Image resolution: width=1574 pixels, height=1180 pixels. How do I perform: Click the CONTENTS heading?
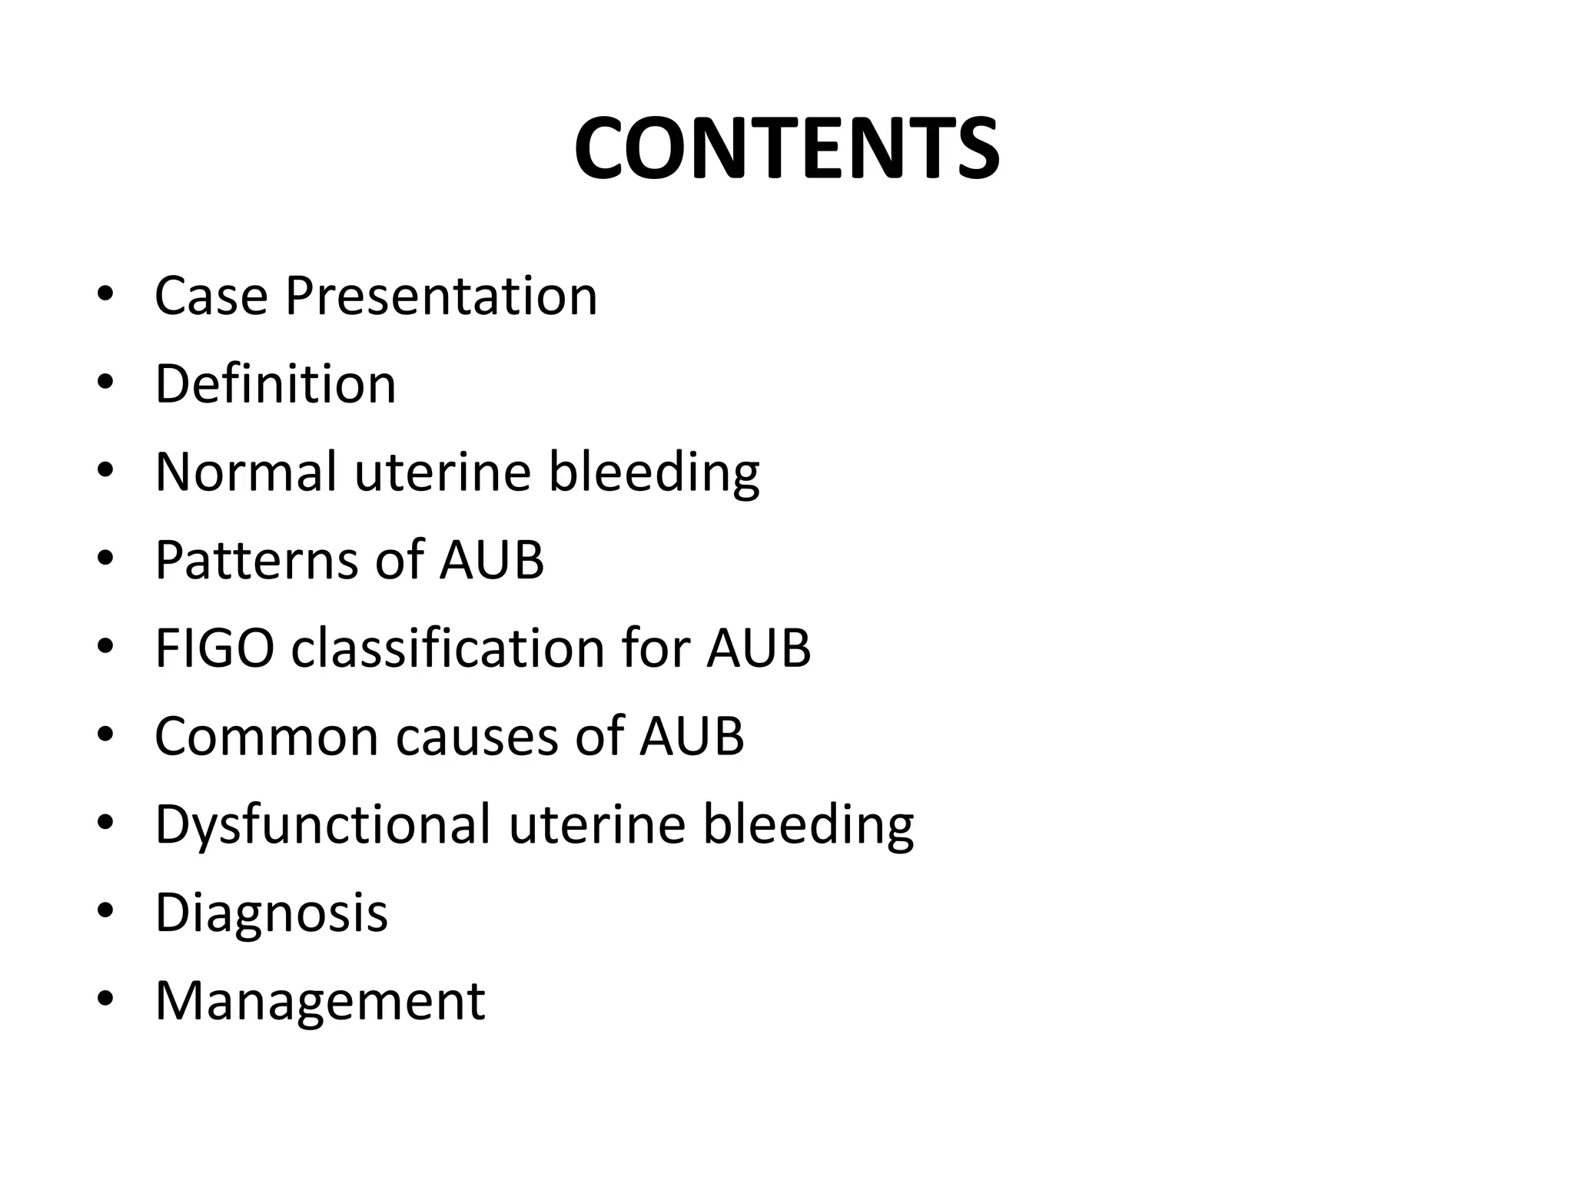click(x=786, y=149)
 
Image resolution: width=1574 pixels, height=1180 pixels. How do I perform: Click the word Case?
click(x=211, y=296)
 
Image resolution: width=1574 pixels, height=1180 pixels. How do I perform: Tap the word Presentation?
click(x=441, y=296)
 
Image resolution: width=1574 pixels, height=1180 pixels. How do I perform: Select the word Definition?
click(x=275, y=383)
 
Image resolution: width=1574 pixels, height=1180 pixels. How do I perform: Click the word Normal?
click(x=246, y=471)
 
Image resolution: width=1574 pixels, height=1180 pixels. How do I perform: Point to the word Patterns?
click(x=256, y=559)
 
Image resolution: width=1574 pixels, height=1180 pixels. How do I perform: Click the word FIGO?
click(x=214, y=648)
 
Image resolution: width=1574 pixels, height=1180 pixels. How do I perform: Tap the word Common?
click(x=267, y=736)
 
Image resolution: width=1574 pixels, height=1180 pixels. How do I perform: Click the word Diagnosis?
click(x=271, y=913)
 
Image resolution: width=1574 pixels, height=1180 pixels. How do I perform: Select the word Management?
click(x=320, y=1001)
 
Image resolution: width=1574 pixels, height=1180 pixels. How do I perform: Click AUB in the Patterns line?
click(x=492, y=559)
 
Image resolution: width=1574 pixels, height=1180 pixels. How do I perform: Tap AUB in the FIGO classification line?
click(x=759, y=648)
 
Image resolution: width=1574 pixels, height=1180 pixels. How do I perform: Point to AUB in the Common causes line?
click(x=692, y=736)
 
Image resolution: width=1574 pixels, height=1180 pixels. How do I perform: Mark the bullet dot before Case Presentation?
click(x=105, y=294)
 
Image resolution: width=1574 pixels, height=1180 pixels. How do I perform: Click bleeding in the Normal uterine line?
click(x=653, y=471)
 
